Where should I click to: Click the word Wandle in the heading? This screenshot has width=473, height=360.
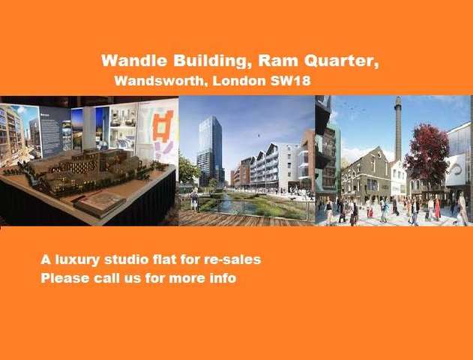pyautogui.click(x=134, y=61)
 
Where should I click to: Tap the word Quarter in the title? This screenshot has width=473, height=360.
pyautogui.click(x=342, y=61)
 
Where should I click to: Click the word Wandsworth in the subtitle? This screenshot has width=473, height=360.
pyautogui.click(x=161, y=81)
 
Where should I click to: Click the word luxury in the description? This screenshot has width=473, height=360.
pyautogui.click(x=77, y=259)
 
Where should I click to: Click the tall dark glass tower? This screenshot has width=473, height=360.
pyautogui.click(x=210, y=151)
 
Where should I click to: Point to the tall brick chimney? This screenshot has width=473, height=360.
pyautogui.click(x=398, y=129)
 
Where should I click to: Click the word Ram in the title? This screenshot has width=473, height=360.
pyautogui.click(x=278, y=61)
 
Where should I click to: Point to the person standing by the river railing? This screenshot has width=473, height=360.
pyautogui.click(x=195, y=199)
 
